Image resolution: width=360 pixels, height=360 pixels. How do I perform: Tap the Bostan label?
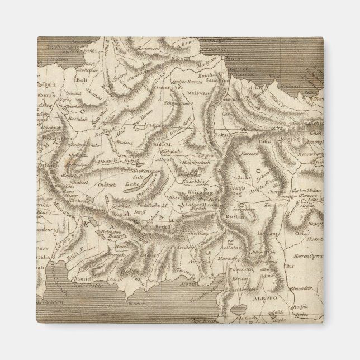pos(225,216)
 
